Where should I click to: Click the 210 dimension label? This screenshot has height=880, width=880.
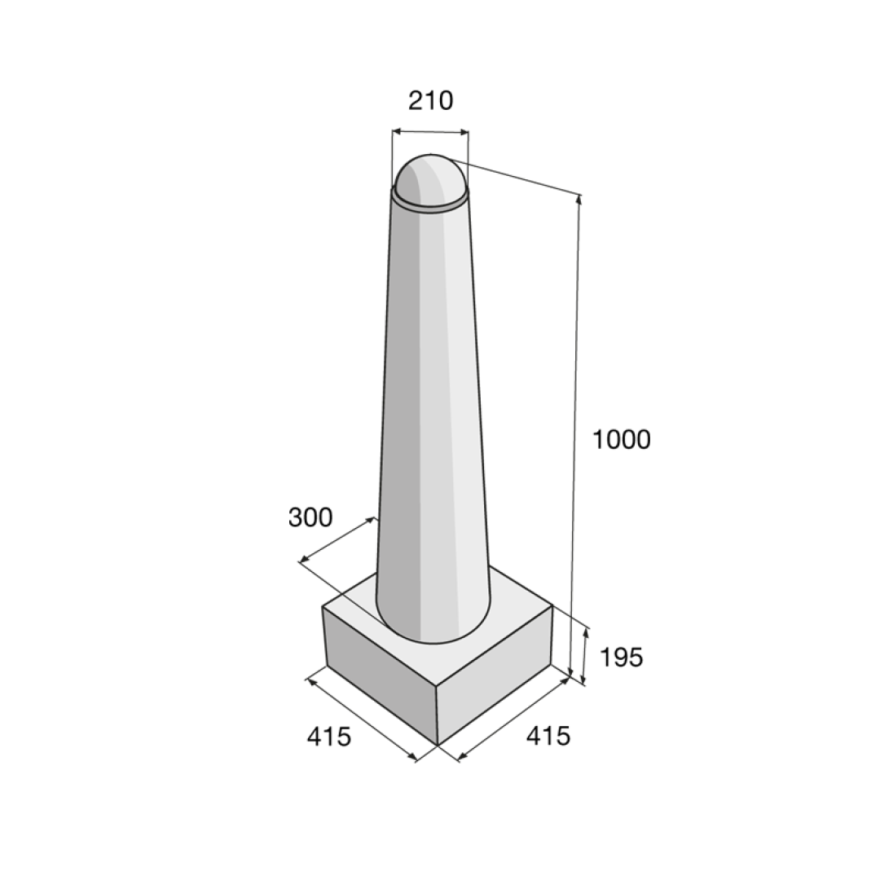coord(430,101)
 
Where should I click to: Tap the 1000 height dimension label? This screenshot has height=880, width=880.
coord(621,439)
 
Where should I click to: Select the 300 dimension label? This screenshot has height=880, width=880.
coord(310,517)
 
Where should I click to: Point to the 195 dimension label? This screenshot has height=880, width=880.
coord(621,658)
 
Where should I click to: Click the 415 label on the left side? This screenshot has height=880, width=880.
coord(329,737)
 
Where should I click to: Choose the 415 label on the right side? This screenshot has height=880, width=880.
coord(548,736)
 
